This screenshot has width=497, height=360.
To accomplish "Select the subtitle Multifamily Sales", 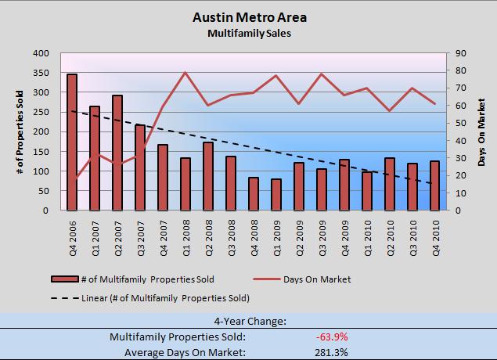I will (248, 34).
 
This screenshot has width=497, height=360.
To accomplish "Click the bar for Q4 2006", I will (72, 142).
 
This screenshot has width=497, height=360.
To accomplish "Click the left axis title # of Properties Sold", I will (16, 131).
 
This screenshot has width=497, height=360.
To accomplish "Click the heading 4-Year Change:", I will (248, 321).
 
